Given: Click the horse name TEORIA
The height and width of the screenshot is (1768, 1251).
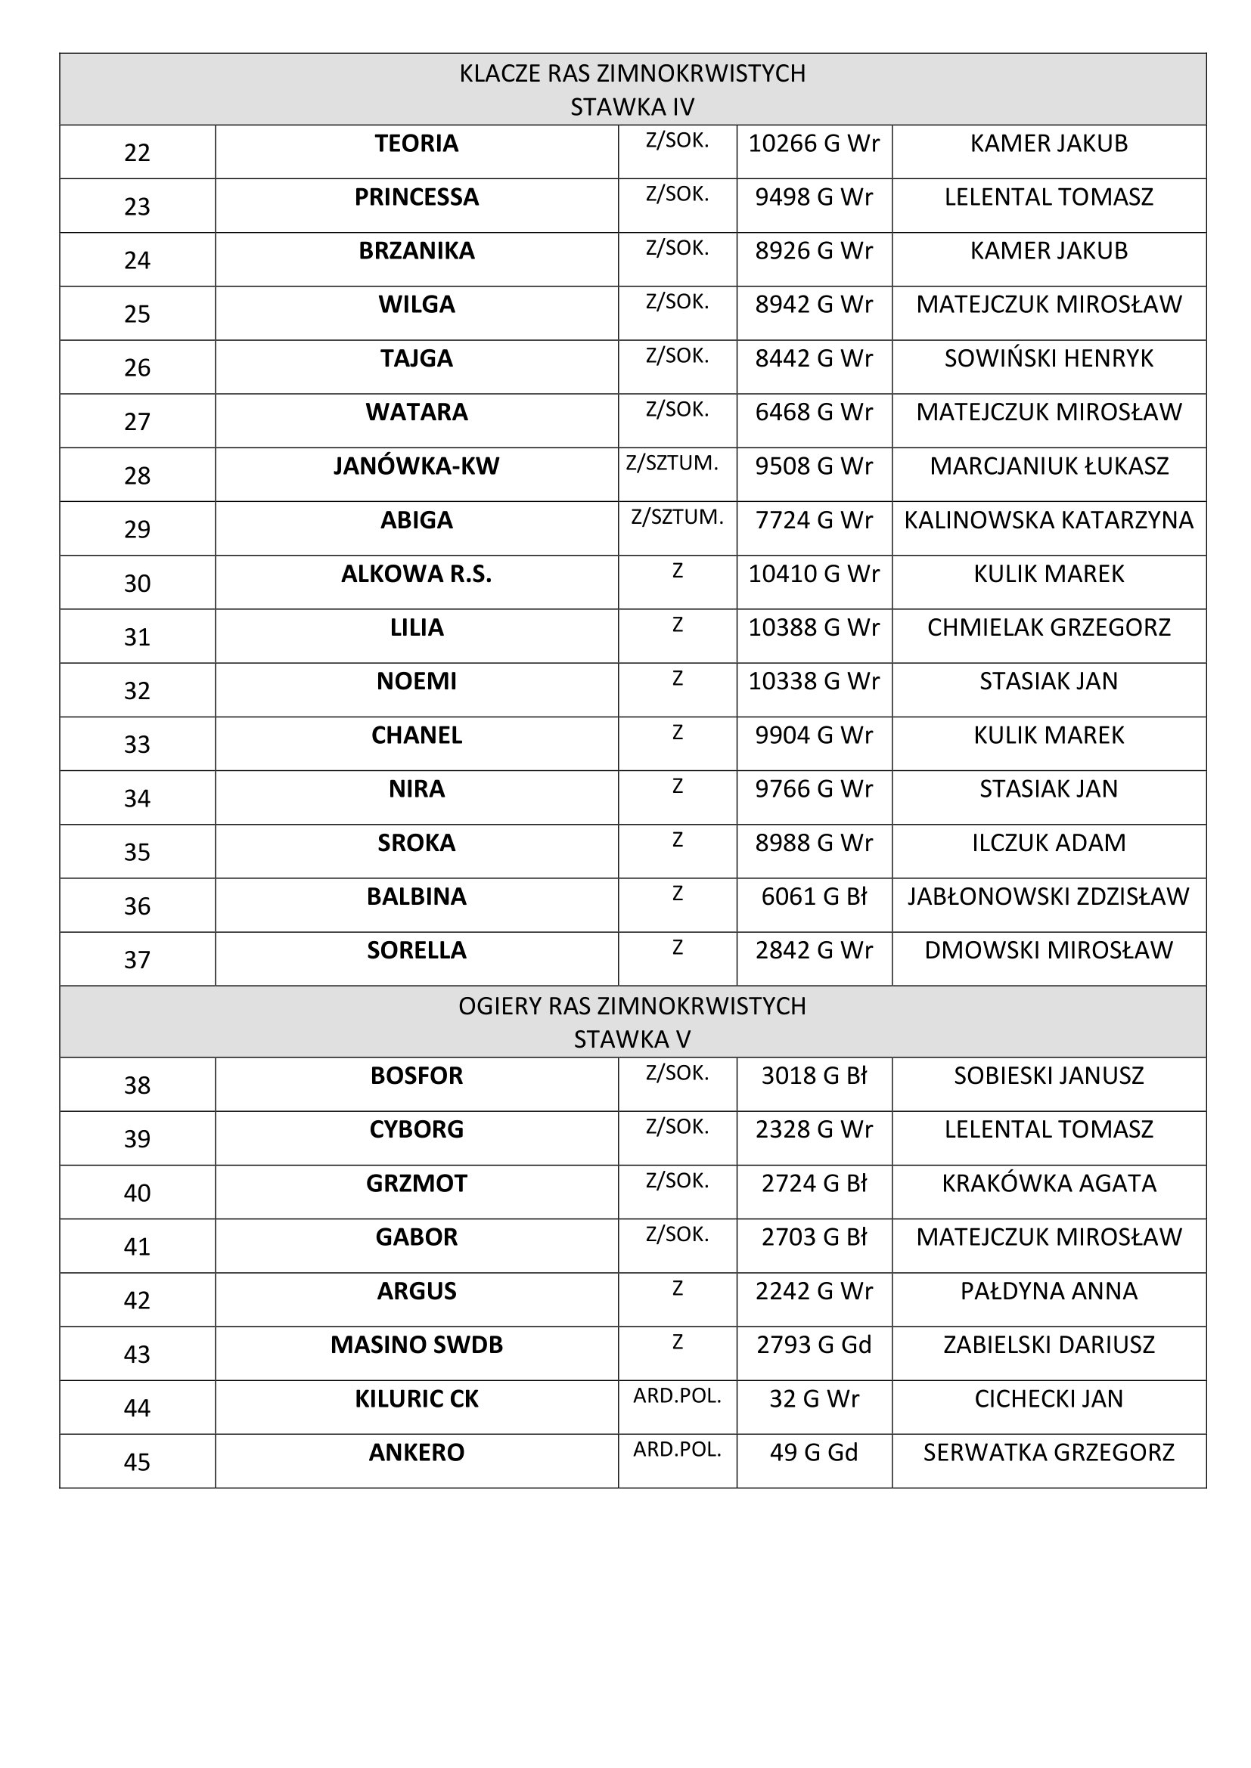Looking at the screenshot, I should (x=416, y=144).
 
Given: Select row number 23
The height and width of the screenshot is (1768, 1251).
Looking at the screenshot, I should (x=137, y=206).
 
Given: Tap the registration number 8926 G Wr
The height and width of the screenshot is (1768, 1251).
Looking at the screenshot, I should (x=814, y=251).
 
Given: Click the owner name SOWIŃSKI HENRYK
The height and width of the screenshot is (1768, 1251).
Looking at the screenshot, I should (x=1048, y=359).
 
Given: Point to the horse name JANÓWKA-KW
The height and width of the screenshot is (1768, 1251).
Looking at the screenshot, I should (x=416, y=466).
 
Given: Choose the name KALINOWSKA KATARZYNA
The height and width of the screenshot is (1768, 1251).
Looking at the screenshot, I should (x=1048, y=521).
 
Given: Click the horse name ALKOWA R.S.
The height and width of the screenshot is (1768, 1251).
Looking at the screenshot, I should (x=416, y=574).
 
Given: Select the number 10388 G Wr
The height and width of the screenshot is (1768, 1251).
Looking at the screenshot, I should (x=814, y=627).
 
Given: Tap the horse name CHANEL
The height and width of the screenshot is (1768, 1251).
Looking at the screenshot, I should (x=416, y=735).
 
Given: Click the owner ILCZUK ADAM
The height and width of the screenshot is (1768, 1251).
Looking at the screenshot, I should (x=1048, y=844).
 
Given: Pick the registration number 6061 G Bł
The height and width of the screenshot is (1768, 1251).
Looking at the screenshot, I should (x=814, y=897).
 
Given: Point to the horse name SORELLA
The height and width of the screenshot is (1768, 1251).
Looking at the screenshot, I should (x=416, y=951).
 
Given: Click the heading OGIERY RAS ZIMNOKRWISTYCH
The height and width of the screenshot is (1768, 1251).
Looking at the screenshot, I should (x=632, y=1006).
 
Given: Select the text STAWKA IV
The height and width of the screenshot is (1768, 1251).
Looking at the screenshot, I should (x=632, y=107).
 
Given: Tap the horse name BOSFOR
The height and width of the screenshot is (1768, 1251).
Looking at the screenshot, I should (x=416, y=1076).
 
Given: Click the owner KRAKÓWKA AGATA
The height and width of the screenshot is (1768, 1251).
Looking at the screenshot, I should (x=1048, y=1184).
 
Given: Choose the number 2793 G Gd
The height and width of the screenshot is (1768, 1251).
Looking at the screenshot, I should (x=814, y=1345).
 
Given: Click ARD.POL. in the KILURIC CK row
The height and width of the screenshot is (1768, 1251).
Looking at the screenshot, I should (x=677, y=1396).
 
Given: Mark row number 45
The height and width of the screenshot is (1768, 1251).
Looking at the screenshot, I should (x=137, y=1463).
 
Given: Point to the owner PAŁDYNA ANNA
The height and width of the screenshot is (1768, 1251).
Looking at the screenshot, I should (x=1048, y=1291).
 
